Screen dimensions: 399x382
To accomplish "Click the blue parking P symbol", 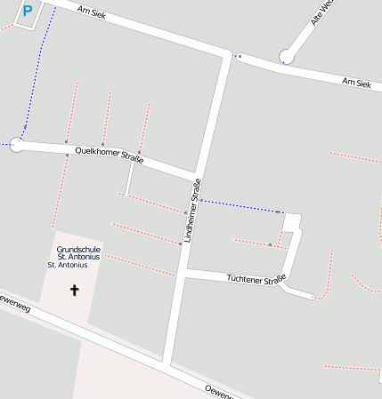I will point(27,12).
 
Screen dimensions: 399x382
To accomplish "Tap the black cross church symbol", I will point(74,290).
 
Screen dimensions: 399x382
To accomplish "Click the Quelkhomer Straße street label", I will point(110,155).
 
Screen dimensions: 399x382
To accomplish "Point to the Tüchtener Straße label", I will point(256,279).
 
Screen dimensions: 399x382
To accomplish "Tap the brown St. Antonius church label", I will point(68,265).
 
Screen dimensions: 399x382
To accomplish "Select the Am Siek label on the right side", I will point(355,82).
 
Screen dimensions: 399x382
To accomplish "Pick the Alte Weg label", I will point(321,12).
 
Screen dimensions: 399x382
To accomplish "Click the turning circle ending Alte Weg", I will point(286,56).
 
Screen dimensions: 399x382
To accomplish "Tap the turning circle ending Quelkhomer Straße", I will point(16,143).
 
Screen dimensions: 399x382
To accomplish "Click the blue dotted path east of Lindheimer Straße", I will point(240,205).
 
